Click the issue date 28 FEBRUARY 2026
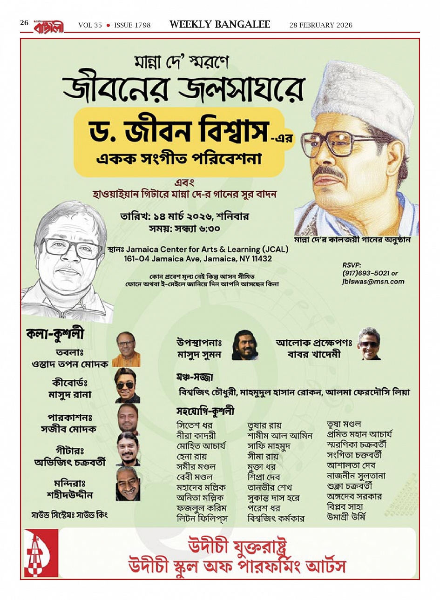click(x=321, y=25)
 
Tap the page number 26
click(x=24, y=23)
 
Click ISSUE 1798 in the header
click(x=132, y=25)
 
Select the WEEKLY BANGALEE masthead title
click(x=220, y=25)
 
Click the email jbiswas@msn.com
click(x=373, y=281)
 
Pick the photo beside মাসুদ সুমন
click(x=244, y=345)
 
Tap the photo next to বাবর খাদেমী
click(x=369, y=344)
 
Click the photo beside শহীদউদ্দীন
click(x=128, y=484)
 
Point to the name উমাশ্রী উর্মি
click(x=346, y=516)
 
